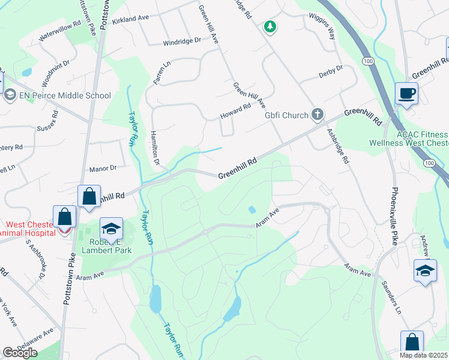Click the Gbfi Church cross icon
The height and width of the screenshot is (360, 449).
pyautogui.click(x=318, y=115)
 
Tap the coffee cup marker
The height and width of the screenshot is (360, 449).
pyautogui.click(x=406, y=94)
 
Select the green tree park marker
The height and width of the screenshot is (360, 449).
pyautogui.click(x=271, y=26)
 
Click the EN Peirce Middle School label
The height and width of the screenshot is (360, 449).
pyautogui.click(x=65, y=95)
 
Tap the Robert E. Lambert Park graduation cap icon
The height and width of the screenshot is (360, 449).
pyautogui.click(x=110, y=229)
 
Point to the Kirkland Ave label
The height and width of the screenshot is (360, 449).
pyautogui.click(x=130, y=19)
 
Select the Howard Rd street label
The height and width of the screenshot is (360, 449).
pyautogui.click(x=235, y=110)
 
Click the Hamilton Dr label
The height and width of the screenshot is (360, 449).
pyautogui.click(x=154, y=148)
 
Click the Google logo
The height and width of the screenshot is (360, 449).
pyautogui.click(x=20, y=353)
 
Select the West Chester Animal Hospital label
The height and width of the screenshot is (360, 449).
pyautogui.click(x=27, y=228)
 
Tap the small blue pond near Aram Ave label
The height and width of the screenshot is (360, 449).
pyautogui.click(x=250, y=209)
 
